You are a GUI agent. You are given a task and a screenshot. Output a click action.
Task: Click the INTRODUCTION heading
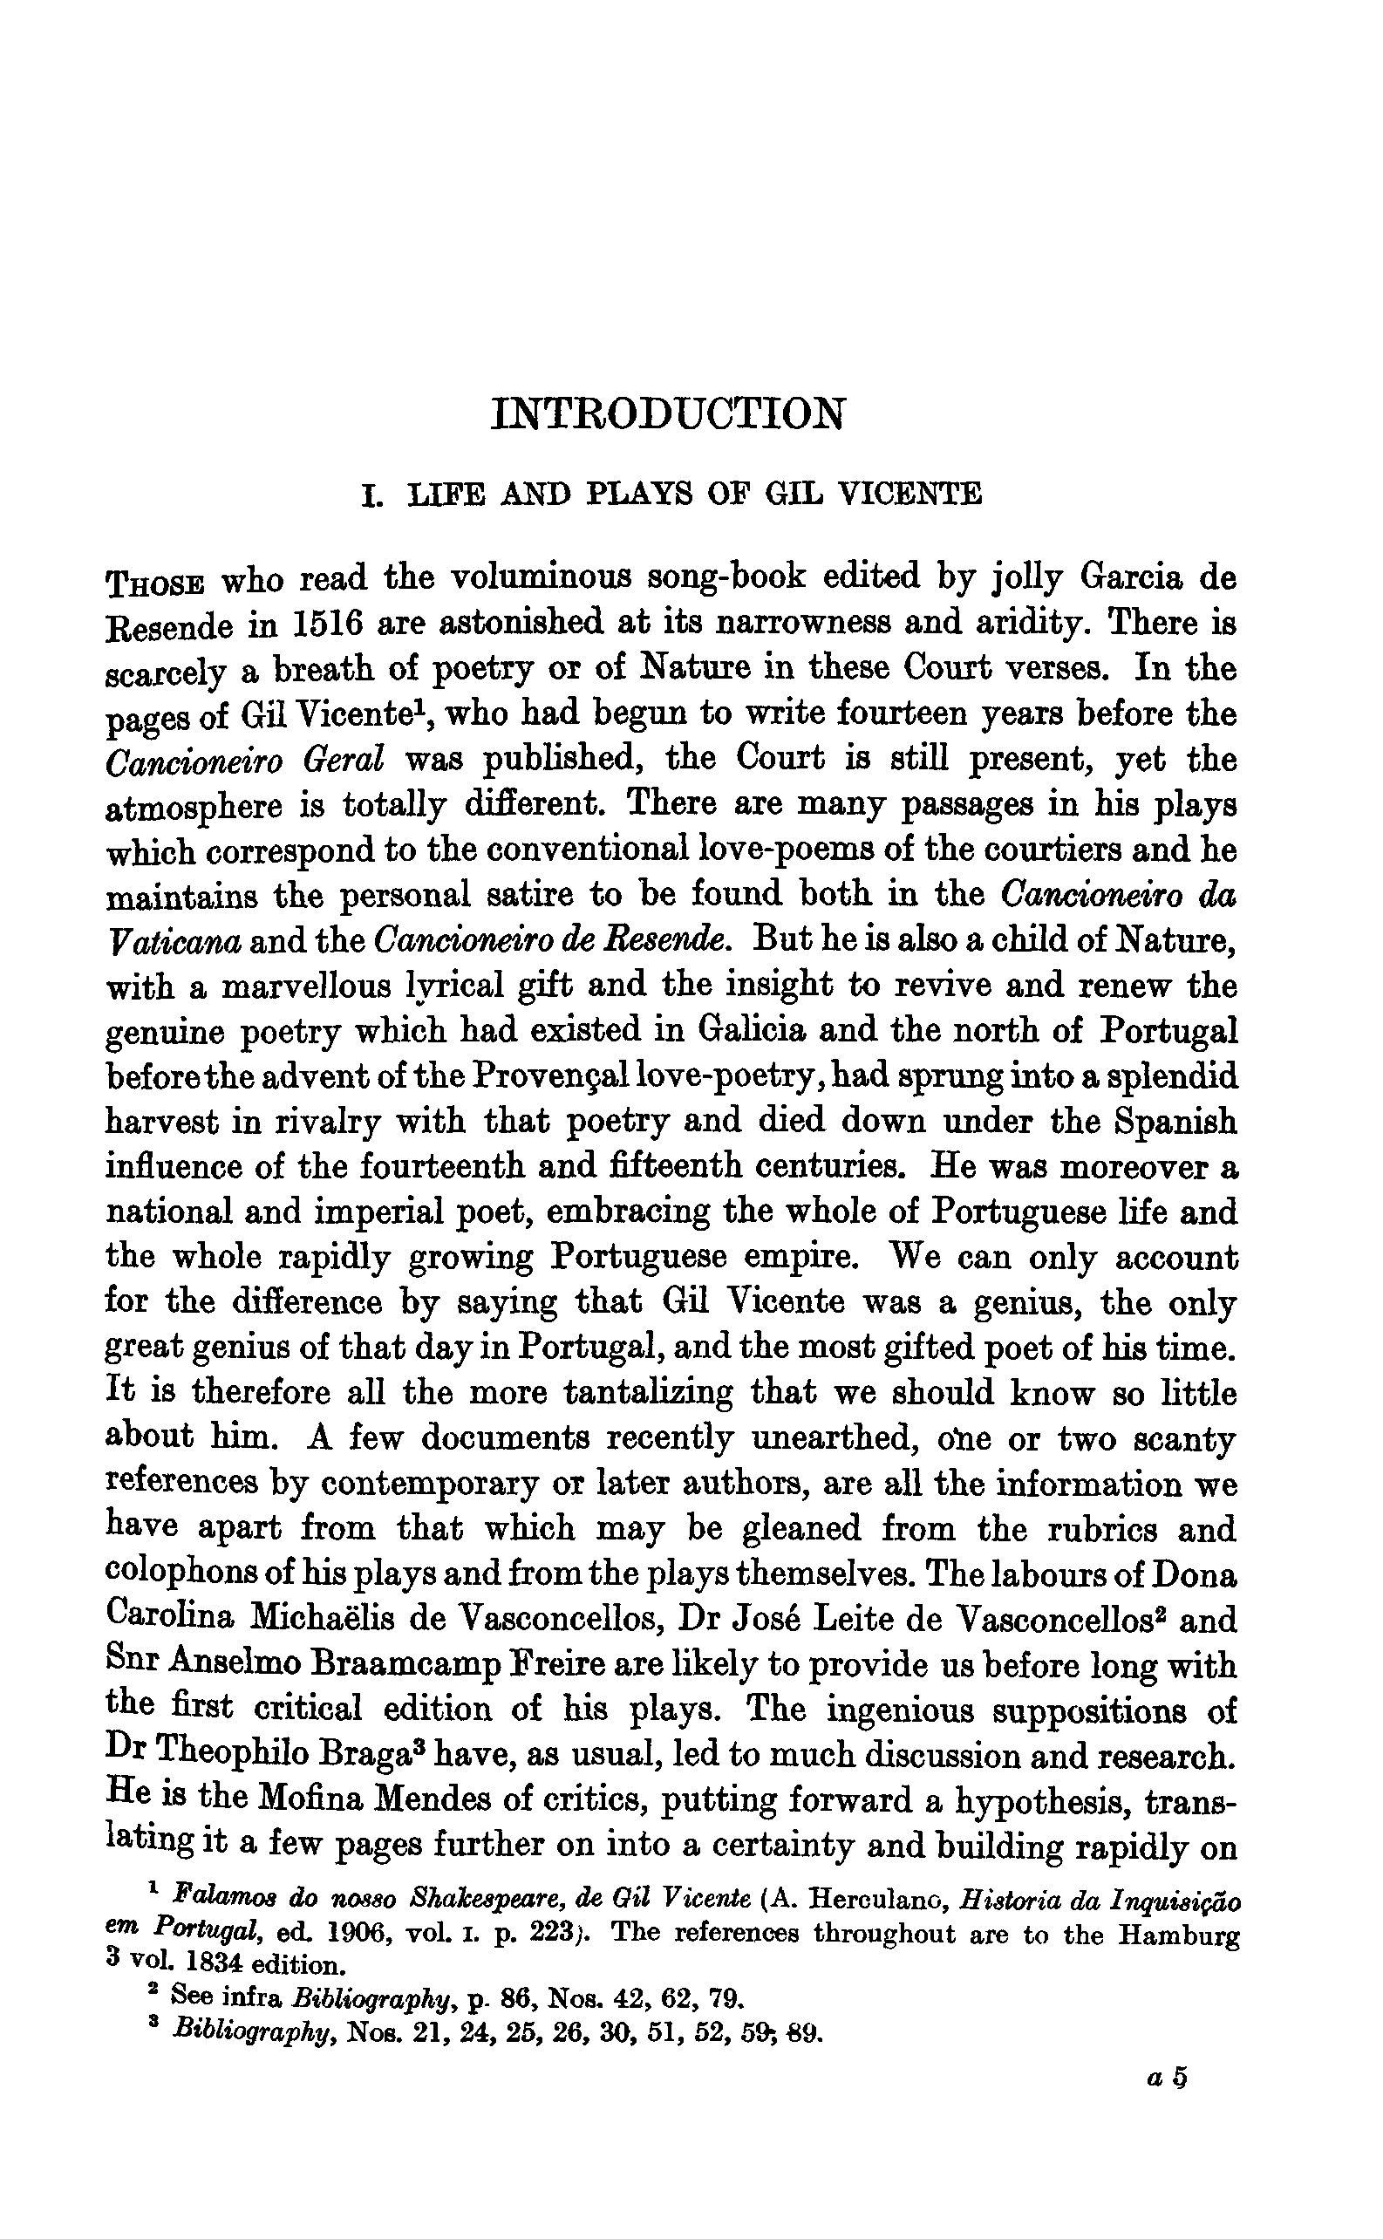point(668,413)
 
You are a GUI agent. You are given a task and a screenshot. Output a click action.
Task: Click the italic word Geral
point(341,760)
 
